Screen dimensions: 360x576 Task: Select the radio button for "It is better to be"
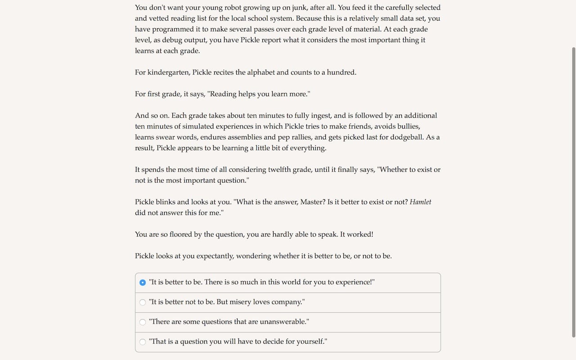(143, 283)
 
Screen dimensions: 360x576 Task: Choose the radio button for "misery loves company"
(143, 302)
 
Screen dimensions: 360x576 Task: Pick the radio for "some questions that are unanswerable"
(143, 322)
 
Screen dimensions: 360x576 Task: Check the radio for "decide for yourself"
(143, 342)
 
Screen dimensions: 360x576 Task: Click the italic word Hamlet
(420, 202)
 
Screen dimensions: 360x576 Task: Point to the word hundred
(341, 72)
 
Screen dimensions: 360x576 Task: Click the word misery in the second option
(240, 302)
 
